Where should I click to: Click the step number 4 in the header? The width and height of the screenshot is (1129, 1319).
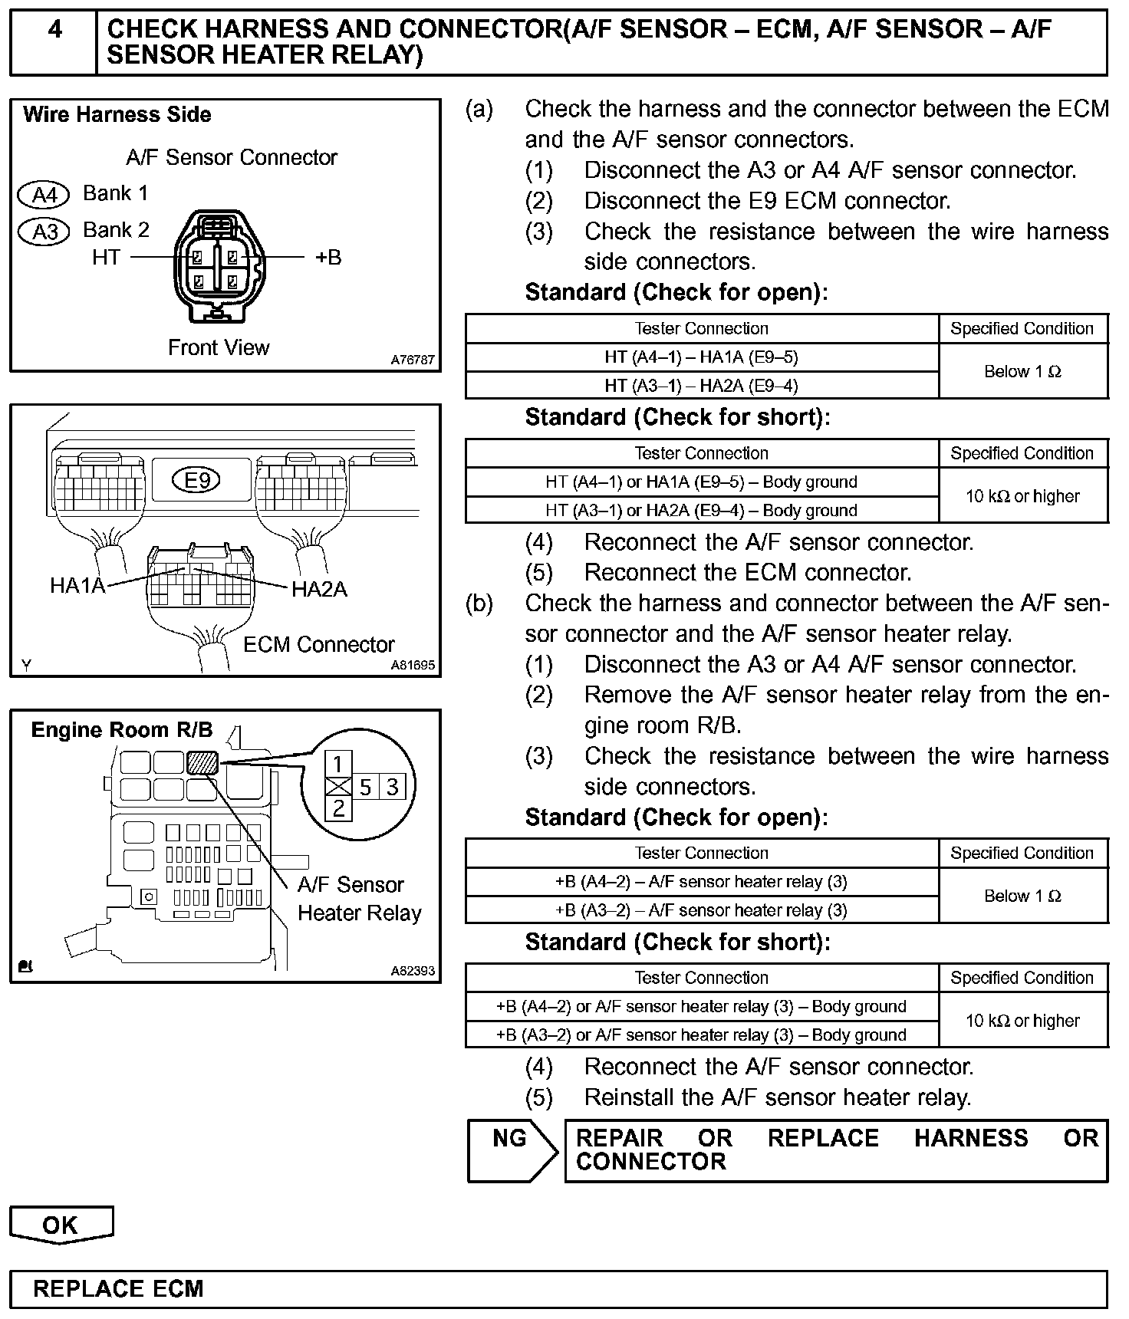(54, 30)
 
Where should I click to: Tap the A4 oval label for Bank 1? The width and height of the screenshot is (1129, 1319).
(44, 195)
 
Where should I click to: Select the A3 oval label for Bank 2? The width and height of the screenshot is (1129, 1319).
(44, 231)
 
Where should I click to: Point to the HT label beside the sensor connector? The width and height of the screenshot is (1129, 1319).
(106, 258)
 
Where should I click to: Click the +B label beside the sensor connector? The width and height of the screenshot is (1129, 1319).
(328, 258)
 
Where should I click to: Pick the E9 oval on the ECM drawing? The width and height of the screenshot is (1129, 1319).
(198, 480)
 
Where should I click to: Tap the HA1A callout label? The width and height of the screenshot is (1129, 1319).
(77, 587)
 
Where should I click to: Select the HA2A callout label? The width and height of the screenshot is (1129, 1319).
(319, 589)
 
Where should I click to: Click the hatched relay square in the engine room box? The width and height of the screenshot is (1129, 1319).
(202, 761)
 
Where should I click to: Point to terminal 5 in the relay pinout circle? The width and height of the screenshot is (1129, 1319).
(365, 787)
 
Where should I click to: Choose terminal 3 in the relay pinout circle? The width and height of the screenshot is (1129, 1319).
(392, 787)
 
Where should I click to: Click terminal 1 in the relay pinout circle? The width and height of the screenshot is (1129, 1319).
(338, 764)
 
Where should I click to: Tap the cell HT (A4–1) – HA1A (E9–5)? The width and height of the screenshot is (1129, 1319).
(701, 357)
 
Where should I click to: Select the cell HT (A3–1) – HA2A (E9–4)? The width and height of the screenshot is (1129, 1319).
(701, 385)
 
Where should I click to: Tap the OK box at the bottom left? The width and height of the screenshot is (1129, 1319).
(61, 1225)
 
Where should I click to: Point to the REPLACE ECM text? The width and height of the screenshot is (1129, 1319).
(118, 1289)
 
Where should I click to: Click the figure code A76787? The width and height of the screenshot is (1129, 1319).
(412, 360)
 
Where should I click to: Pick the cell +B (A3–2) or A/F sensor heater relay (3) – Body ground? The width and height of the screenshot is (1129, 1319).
(701, 1035)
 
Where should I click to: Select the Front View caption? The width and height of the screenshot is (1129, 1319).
(219, 348)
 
